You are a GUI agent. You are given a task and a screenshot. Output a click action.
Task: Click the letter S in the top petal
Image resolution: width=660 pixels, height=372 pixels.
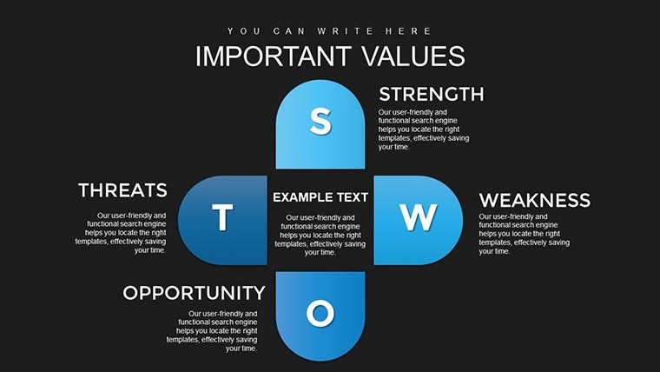320,123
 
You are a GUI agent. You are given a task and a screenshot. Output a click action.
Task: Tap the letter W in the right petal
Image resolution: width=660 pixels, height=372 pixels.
418,218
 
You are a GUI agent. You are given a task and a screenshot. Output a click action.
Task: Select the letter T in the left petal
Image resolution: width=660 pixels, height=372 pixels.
222,218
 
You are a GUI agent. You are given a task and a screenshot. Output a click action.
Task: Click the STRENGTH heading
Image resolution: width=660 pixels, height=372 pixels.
431,94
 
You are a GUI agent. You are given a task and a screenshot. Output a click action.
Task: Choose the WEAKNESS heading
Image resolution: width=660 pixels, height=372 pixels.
534,201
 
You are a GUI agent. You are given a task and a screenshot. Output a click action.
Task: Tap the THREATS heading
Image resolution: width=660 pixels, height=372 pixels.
122,190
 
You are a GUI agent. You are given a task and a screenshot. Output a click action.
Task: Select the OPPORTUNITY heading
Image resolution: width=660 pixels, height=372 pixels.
194,293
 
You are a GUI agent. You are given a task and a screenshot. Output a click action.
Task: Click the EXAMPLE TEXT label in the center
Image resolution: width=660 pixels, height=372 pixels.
320,197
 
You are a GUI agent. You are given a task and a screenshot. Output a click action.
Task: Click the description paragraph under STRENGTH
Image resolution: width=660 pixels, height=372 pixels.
424,130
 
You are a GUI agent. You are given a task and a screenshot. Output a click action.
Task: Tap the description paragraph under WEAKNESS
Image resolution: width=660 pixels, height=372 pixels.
525,234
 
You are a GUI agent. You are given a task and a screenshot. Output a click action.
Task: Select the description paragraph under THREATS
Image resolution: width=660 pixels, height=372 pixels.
122,232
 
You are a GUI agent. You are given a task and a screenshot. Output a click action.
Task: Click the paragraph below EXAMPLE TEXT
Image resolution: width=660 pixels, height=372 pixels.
320,235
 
